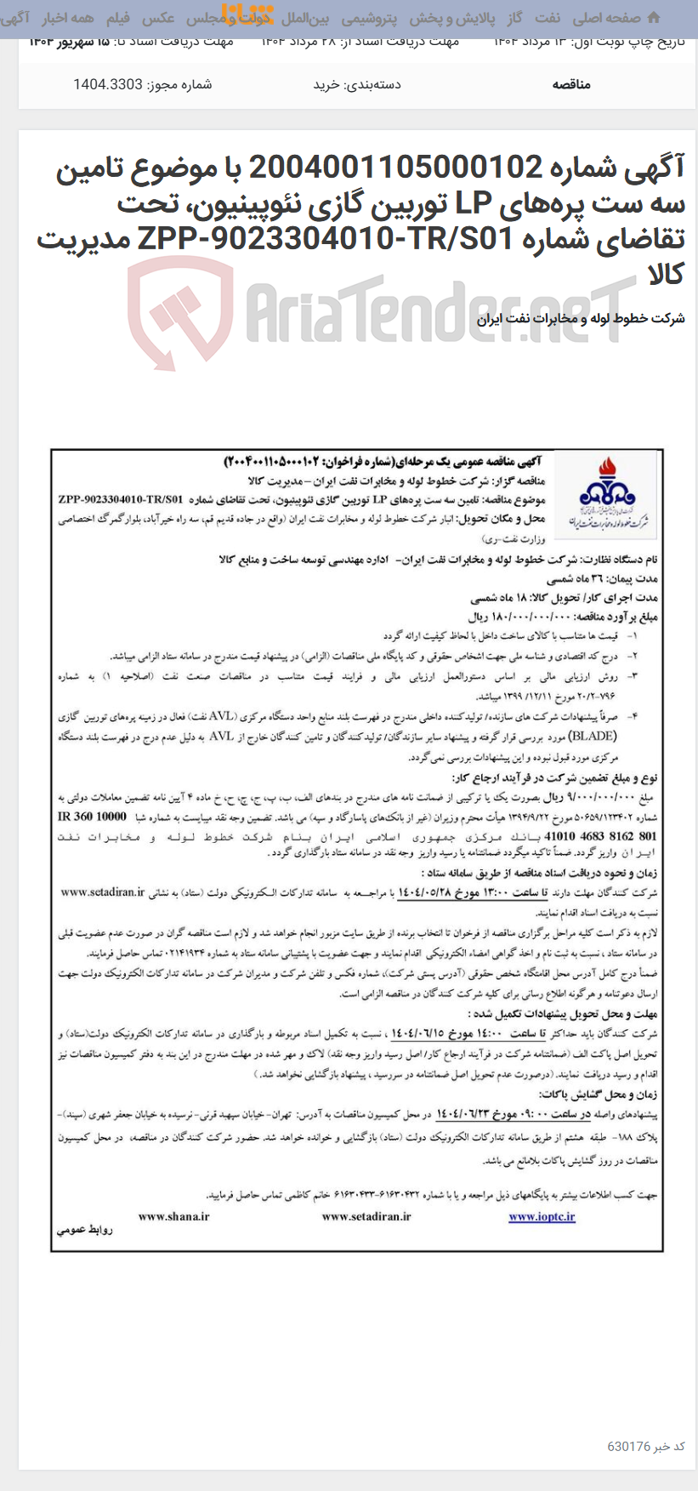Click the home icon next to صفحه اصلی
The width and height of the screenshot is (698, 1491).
653,17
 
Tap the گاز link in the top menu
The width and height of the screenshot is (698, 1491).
514,18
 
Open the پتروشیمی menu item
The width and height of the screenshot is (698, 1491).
370,18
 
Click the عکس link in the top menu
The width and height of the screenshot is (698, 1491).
158,18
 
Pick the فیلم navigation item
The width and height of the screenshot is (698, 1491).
118,18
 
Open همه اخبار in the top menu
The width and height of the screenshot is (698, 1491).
68,18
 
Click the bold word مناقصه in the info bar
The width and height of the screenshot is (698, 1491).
571,84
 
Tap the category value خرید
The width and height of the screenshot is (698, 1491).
327,84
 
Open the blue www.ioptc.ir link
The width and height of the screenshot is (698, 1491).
542,1216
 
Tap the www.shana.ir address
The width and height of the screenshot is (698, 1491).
173,1216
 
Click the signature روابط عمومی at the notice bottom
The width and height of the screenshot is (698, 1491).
85,1230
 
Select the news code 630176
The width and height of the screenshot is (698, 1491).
629,1446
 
